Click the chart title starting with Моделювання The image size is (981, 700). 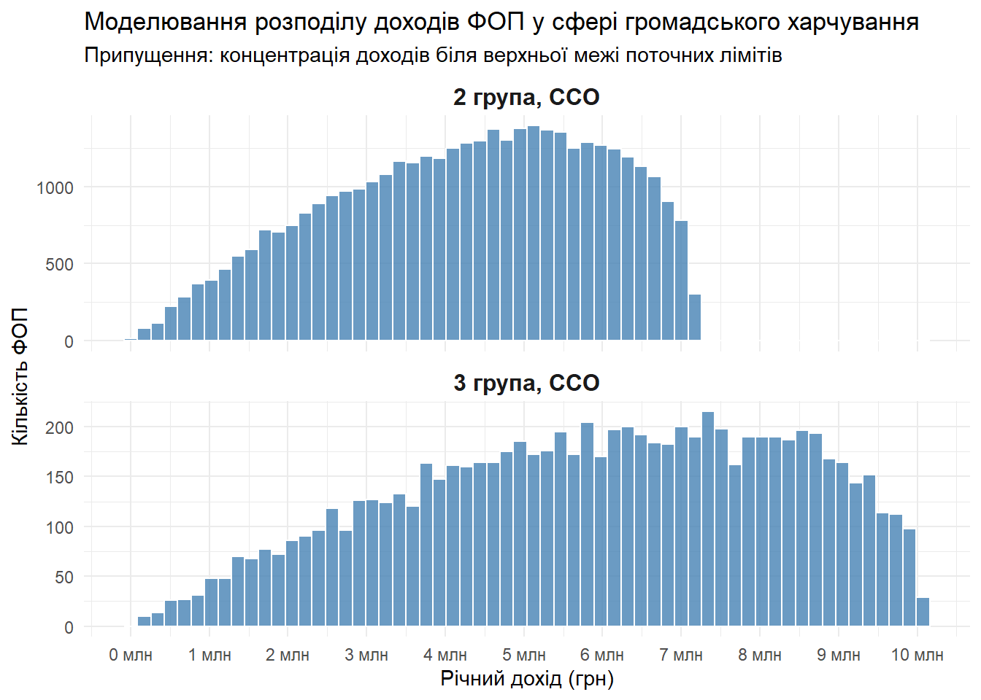[x=501, y=22]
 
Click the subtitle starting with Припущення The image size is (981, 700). [x=433, y=55]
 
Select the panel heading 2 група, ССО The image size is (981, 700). [x=526, y=97]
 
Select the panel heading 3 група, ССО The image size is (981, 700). [x=526, y=383]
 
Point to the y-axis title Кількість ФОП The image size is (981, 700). [x=20, y=376]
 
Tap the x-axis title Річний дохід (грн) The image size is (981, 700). [x=526, y=679]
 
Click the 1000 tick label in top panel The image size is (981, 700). [x=55, y=187]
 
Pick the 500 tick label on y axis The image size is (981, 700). [x=59, y=264]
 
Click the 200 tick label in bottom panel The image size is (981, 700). [x=59, y=427]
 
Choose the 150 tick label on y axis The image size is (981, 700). [x=59, y=477]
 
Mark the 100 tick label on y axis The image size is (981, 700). [x=59, y=527]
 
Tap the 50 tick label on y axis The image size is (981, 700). [x=64, y=577]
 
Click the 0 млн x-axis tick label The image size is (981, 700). [x=131, y=655]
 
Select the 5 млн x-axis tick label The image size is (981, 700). [x=524, y=655]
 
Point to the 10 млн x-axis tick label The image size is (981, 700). [x=917, y=655]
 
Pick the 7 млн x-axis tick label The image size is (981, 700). [x=681, y=655]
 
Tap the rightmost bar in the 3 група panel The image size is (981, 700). [x=923, y=612]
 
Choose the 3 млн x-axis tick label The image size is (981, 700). [x=366, y=655]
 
